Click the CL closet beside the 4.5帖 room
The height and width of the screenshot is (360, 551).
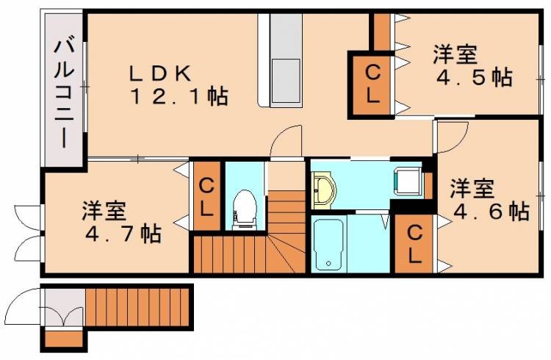pos(372,83)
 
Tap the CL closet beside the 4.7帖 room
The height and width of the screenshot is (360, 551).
pos(206,196)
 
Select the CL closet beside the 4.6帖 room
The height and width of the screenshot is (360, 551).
pos(415,244)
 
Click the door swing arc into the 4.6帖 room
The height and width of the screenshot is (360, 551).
pos(453,135)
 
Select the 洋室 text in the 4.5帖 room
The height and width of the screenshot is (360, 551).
pos(455,54)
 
